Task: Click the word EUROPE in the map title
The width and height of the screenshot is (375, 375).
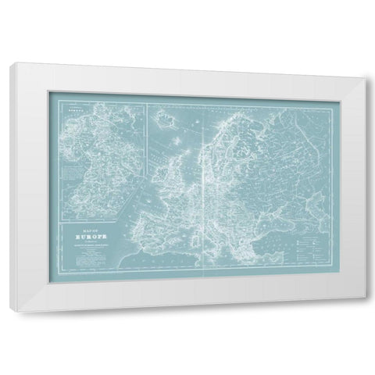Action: click(x=91, y=235)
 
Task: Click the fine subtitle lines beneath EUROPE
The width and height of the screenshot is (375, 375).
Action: click(x=91, y=246)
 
